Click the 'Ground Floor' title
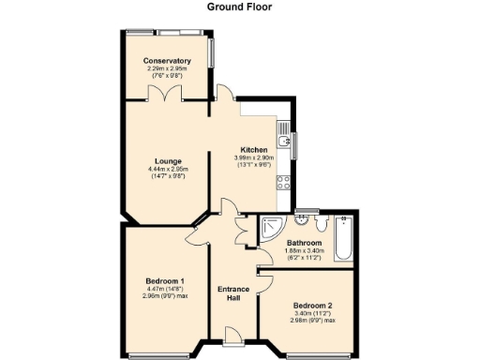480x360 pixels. (239, 6)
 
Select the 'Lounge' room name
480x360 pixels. (170, 161)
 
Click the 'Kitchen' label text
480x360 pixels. (254, 150)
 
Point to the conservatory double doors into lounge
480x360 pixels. (166, 96)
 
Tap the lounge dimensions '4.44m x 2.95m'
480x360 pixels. (170, 169)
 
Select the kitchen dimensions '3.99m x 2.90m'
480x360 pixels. (254, 157)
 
